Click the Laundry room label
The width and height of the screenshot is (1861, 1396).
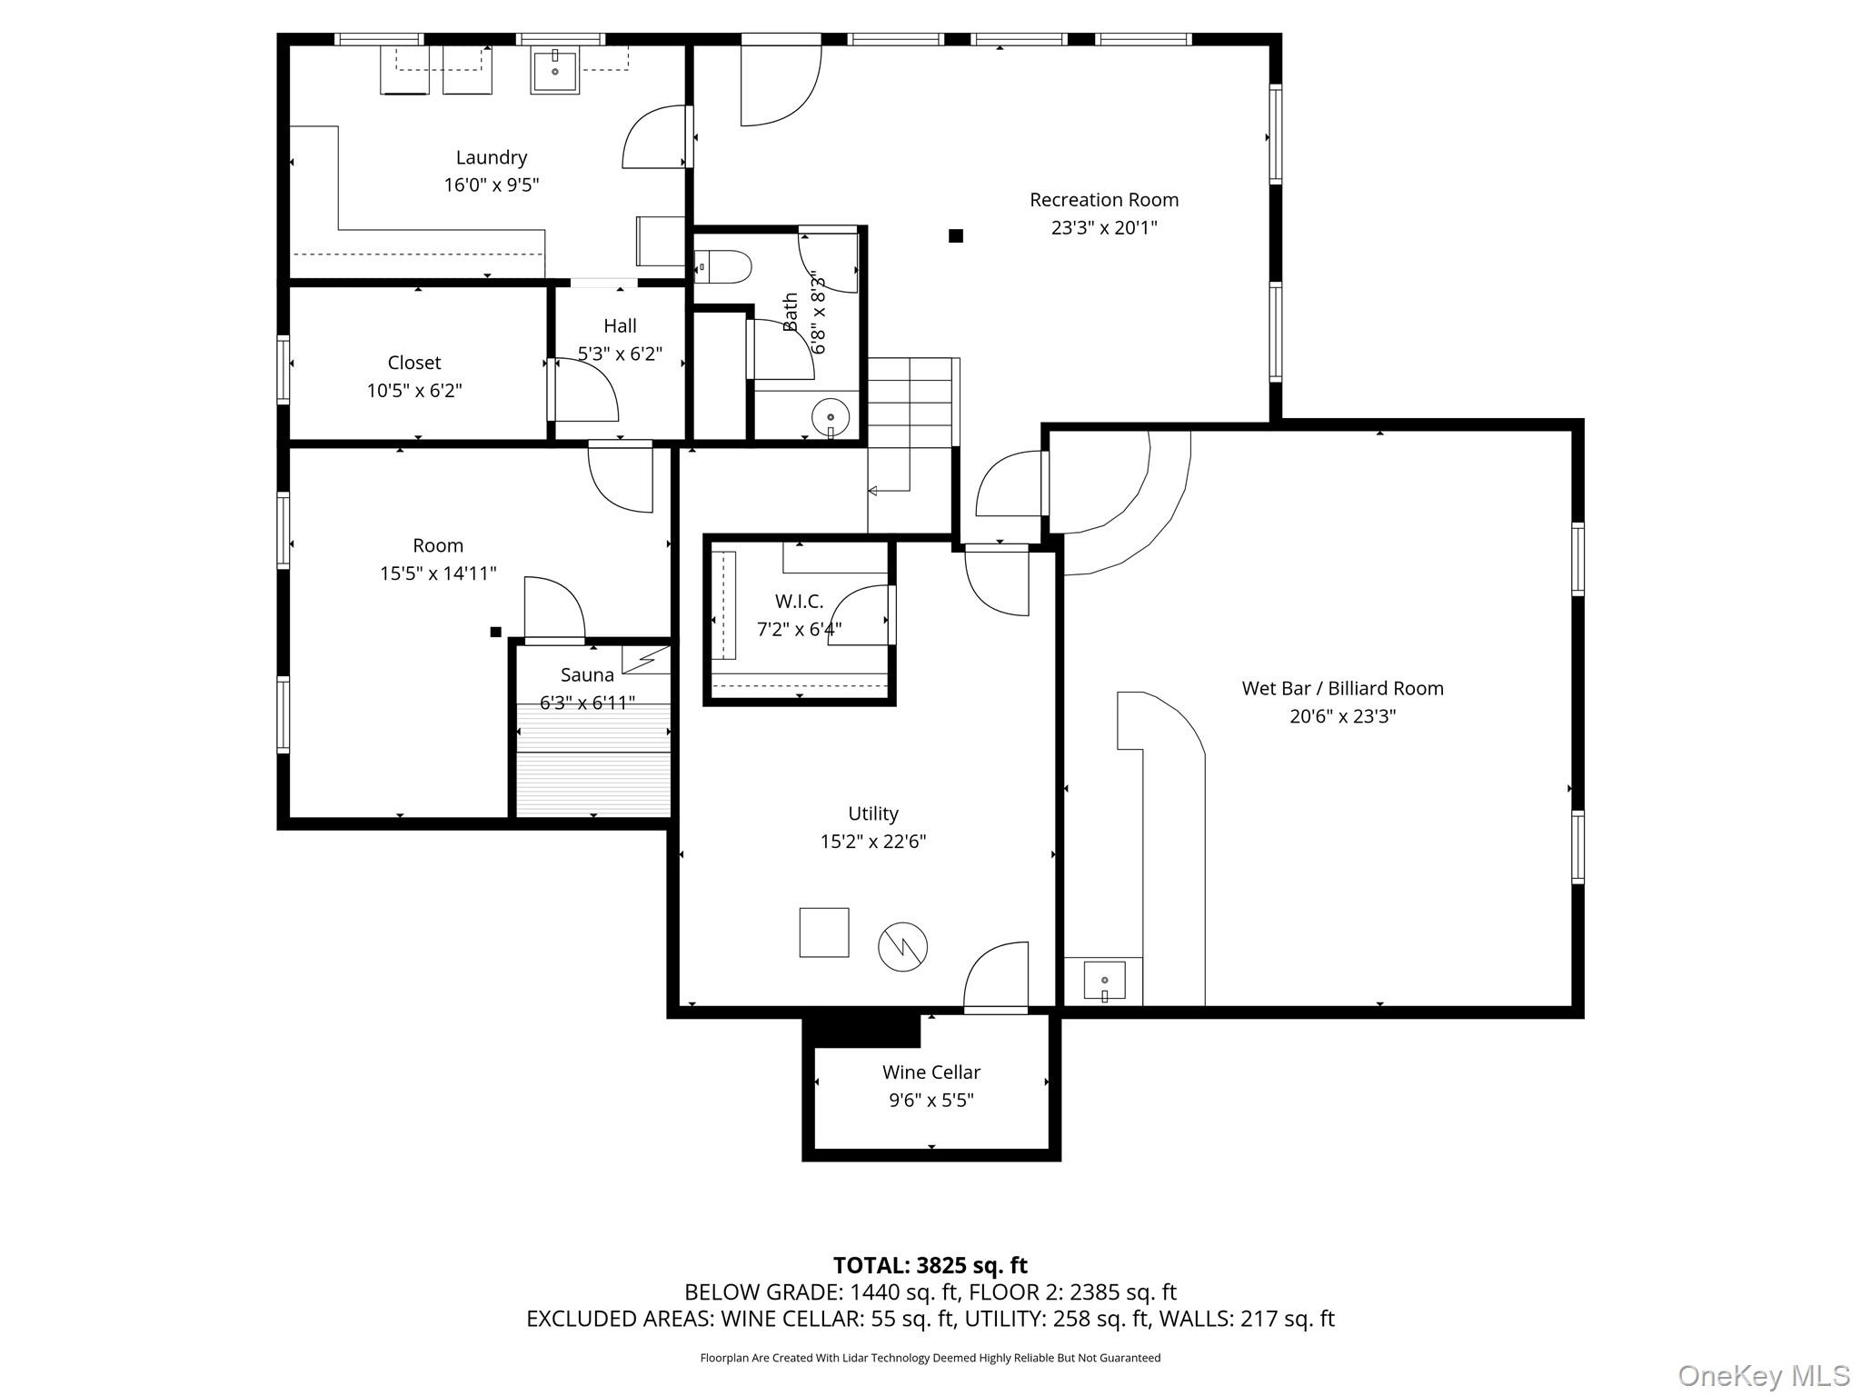(x=491, y=157)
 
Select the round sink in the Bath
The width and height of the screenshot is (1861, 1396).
(x=830, y=417)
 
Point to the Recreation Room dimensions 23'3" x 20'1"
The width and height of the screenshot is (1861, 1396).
(x=1104, y=227)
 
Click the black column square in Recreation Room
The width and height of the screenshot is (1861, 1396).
(x=955, y=236)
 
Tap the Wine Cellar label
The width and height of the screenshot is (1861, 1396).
(x=930, y=1072)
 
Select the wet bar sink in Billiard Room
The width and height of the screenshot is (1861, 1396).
(x=1104, y=982)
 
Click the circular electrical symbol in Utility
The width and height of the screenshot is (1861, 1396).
(x=902, y=947)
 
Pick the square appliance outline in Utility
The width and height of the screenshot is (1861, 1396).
(x=823, y=932)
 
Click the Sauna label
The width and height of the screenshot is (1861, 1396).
(x=587, y=674)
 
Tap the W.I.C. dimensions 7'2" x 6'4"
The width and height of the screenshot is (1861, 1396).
(x=799, y=629)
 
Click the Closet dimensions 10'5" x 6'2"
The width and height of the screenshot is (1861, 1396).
(x=414, y=391)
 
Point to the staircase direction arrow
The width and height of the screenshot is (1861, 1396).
(x=873, y=491)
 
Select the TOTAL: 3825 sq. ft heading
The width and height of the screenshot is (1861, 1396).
(x=930, y=1265)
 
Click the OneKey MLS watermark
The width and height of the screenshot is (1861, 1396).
(x=1763, y=1376)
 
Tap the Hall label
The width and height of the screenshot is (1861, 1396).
(x=620, y=325)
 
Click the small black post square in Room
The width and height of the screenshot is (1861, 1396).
(x=495, y=632)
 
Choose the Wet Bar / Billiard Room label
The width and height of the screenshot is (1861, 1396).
(x=1342, y=688)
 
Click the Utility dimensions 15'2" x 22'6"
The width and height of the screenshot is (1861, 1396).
(x=872, y=842)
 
